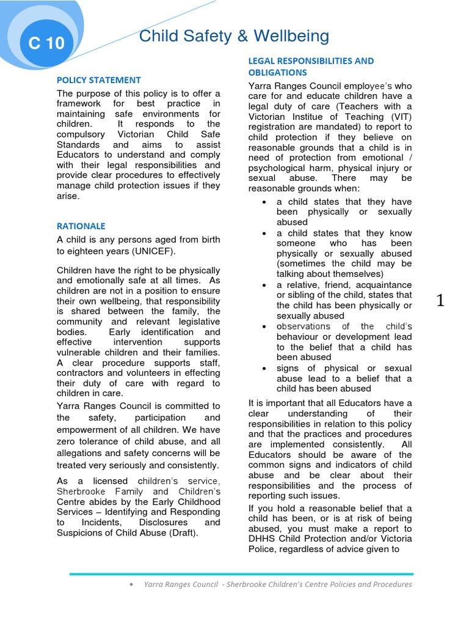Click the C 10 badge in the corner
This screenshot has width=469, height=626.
click(46, 43)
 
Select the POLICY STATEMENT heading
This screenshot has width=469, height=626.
click(99, 80)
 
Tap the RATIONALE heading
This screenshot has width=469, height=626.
click(81, 226)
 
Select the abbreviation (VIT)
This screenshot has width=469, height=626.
click(399, 116)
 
